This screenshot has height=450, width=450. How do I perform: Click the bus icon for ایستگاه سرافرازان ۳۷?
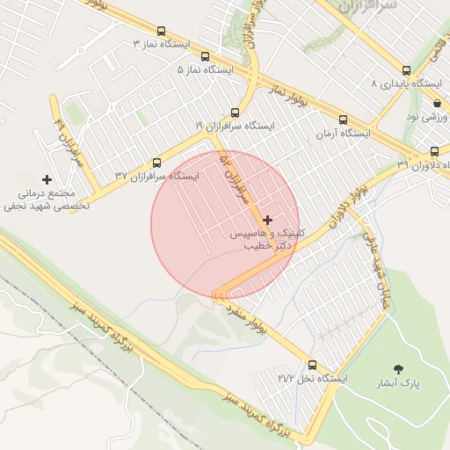[x=157, y=163]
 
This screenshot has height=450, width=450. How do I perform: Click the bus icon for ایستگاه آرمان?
[x=343, y=120]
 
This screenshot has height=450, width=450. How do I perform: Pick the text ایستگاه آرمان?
[x=344, y=134]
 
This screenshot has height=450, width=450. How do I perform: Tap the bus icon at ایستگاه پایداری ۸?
[x=405, y=70]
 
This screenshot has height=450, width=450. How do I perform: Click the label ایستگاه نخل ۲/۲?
[x=313, y=379]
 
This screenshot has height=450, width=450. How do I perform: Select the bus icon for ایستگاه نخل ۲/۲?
[x=313, y=365]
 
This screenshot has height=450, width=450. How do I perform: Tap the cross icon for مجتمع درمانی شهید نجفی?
[x=47, y=179]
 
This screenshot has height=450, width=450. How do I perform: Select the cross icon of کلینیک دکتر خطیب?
[x=267, y=220]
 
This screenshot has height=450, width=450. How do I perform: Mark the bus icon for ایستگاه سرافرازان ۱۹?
[x=235, y=112]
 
